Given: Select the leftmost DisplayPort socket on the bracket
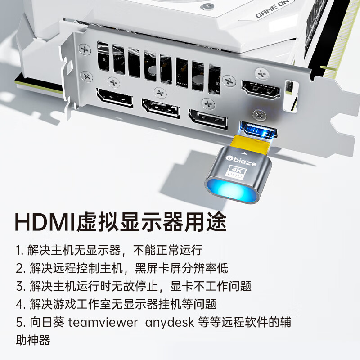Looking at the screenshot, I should click(114, 98).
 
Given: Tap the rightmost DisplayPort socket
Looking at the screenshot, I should click(207, 118).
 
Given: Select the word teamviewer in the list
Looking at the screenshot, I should click(99, 323).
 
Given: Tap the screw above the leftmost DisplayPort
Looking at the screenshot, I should click(112, 82).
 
